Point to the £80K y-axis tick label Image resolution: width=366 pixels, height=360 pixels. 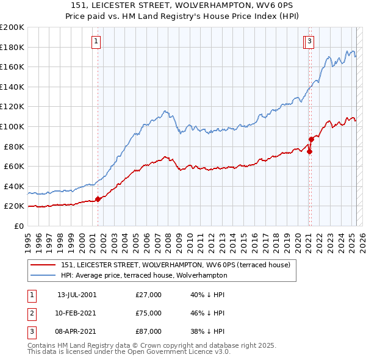[14, 146]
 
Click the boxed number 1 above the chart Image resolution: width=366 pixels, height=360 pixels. [97, 41]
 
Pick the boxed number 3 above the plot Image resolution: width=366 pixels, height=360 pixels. [310, 41]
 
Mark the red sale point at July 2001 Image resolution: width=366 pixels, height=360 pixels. [98, 199]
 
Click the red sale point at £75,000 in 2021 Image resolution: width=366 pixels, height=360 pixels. [309, 151]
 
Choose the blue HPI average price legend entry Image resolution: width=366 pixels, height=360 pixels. [144, 275]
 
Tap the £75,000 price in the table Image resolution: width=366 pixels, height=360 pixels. [149, 314]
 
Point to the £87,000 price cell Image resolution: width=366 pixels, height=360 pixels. [149, 332]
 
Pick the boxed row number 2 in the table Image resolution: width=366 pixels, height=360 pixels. [31, 314]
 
